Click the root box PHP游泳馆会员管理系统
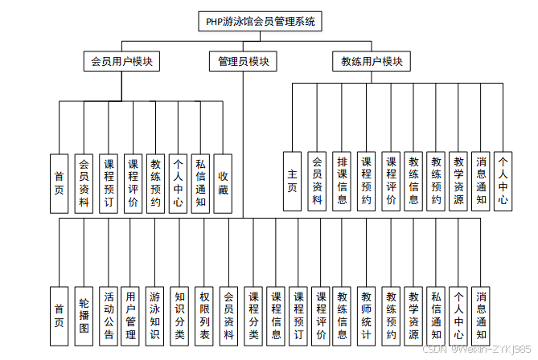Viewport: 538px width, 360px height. (260, 21)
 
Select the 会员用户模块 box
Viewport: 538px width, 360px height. (123, 61)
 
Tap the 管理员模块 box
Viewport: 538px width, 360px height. (243, 61)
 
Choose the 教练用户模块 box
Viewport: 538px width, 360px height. (372, 61)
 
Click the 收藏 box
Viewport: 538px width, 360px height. (224, 182)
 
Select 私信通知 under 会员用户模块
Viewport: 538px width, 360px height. (200, 182)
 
